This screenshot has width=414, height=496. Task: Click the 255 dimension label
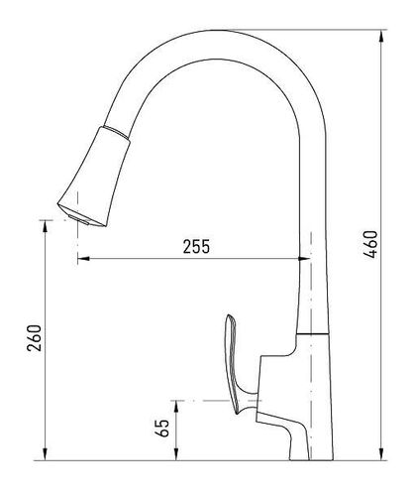pyautogui.click(x=196, y=246)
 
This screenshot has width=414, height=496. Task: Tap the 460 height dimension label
pyautogui.click(x=370, y=244)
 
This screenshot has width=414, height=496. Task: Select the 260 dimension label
pyautogui.click(x=35, y=338)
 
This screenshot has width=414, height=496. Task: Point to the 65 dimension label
pyautogui.click(x=162, y=429)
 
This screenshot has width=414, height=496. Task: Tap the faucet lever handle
pyautogui.click(x=236, y=364)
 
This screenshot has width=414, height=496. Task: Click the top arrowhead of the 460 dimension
pyautogui.click(x=382, y=36)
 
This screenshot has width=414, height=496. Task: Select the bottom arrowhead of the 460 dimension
pyautogui.click(x=382, y=454)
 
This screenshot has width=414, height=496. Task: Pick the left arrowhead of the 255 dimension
pyautogui.click(x=83, y=259)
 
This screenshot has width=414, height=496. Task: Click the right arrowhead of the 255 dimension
pyautogui.click(x=304, y=259)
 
